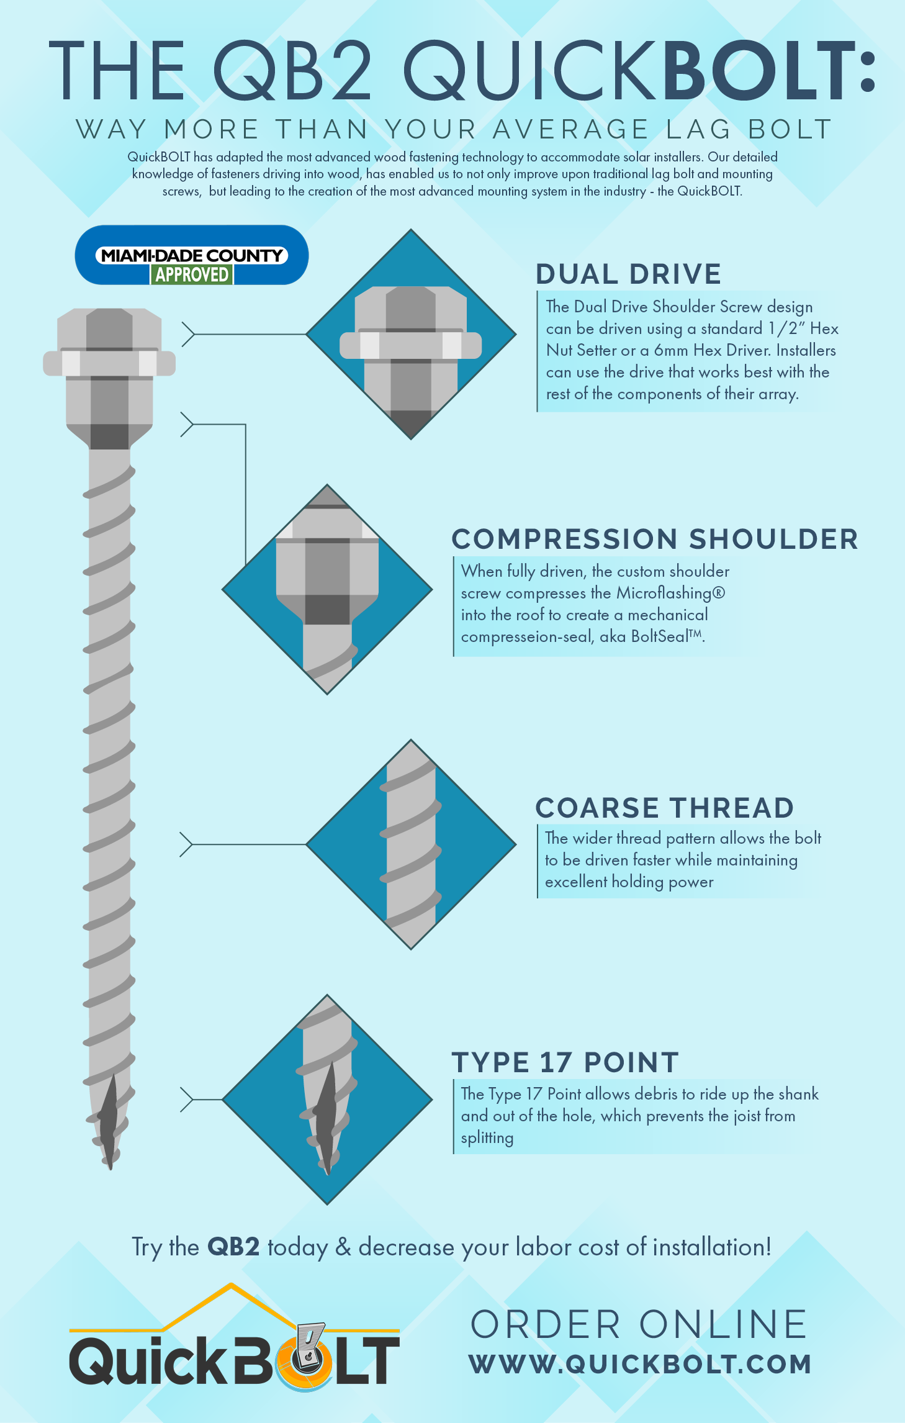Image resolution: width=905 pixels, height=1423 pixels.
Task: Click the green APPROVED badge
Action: (192, 274)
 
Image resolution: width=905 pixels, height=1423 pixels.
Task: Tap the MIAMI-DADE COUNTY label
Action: (192, 255)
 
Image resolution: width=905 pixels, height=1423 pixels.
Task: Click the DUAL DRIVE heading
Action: (628, 274)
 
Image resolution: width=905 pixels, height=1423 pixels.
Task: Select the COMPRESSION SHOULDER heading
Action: (655, 539)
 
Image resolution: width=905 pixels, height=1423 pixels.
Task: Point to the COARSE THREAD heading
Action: (665, 808)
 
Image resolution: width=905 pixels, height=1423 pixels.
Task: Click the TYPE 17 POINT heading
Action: (565, 1062)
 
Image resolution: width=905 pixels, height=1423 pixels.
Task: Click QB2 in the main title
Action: (292, 70)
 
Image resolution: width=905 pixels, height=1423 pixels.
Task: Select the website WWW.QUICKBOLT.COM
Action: (640, 1364)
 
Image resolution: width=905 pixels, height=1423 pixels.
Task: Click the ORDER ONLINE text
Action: (639, 1324)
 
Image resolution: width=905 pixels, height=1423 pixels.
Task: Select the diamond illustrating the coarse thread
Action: (411, 844)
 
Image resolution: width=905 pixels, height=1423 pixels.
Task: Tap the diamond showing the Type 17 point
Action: (327, 1100)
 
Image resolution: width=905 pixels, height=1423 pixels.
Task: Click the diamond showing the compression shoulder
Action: (327, 589)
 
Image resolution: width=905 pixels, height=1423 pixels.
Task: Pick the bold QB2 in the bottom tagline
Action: (233, 1247)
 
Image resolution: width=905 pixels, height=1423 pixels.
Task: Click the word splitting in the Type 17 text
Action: (487, 1138)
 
